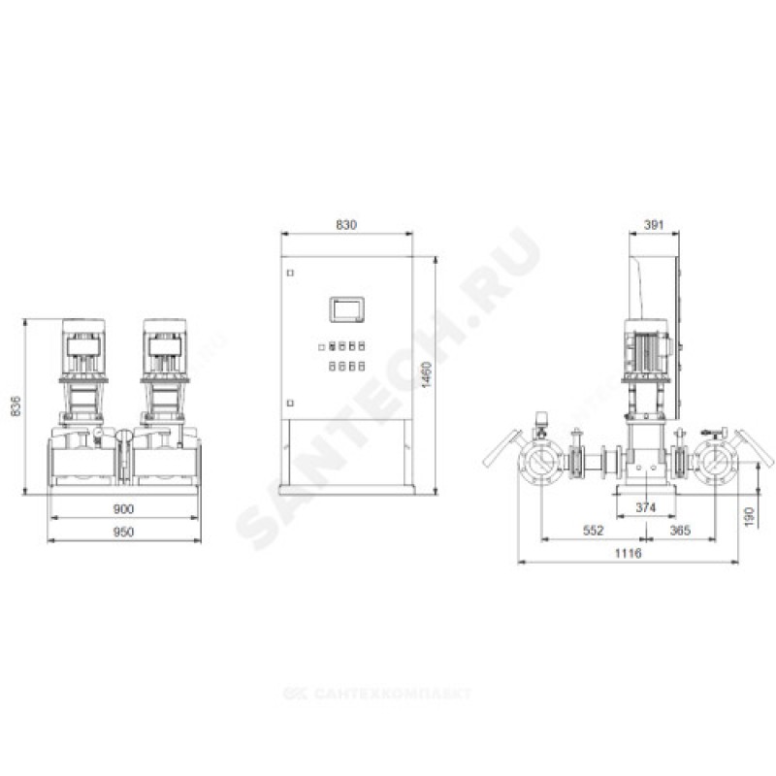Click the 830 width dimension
pyautogui.click(x=346, y=225)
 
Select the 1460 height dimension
pyautogui.click(x=426, y=374)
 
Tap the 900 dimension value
pyautogui.click(x=123, y=508)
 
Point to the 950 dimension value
pyautogui.click(x=123, y=532)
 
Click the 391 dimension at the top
pyautogui.click(x=653, y=225)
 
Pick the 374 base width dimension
pyautogui.click(x=646, y=507)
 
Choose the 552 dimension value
pyautogui.click(x=594, y=531)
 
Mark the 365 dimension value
pyautogui.click(x=680, y=531)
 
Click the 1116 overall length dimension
pyautogui.click(x=628, y=553)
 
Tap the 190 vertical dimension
pyautogui.click(x=749, y=516)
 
